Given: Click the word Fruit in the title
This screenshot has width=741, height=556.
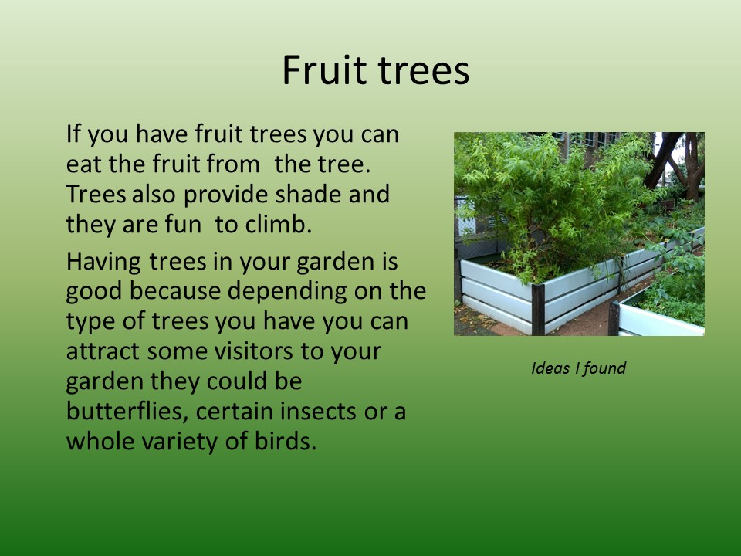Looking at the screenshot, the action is click(325, 70).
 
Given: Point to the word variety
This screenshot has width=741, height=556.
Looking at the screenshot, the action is click(180, 442).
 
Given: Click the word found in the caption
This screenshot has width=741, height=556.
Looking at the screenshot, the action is click(604, 368).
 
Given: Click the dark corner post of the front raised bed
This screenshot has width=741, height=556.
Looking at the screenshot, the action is click(538, 309).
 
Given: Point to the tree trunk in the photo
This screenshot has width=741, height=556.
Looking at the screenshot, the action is click(694, 166).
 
